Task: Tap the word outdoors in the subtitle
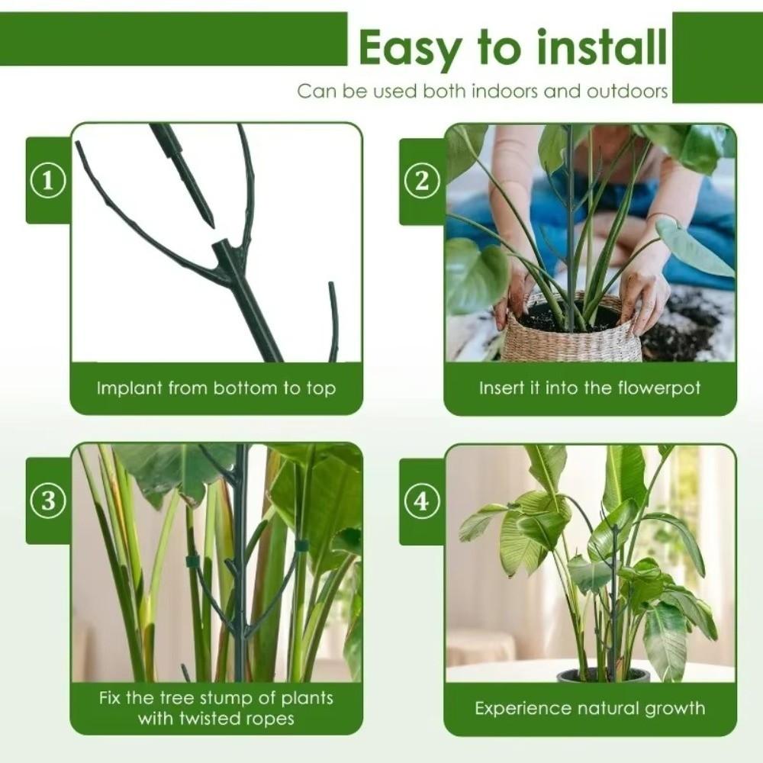(x=627, y=92)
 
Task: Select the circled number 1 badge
(x=48, y=181)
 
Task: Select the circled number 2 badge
(x=422, y=182)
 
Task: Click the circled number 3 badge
(x=48, y=501)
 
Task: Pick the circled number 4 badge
(x=422, y=502)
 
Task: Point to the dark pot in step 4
(x=603, y=676)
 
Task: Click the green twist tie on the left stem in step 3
(x=192, y=562)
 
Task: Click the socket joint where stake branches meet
(x=224, y=251)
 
